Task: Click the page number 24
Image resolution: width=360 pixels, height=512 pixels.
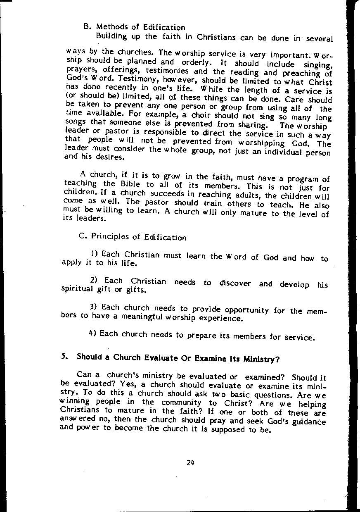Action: [x=190, y=462]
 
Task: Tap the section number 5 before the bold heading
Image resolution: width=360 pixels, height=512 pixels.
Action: [x=64, y=356]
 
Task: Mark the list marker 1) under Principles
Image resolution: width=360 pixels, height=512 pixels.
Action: [x=94, y=253]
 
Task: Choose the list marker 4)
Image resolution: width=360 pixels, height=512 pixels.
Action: [x=92, y=333]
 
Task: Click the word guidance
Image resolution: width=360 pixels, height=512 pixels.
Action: [x=308, y=422]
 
